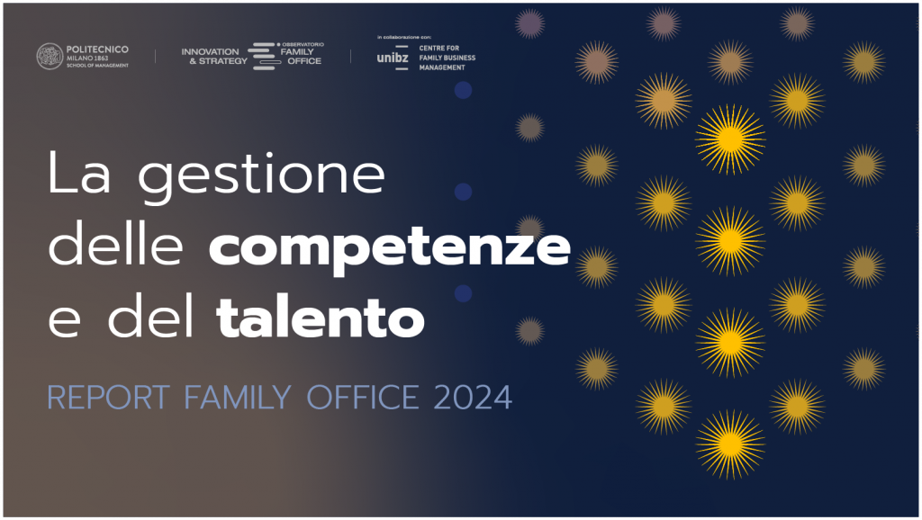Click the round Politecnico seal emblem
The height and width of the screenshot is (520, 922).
pos(50,57)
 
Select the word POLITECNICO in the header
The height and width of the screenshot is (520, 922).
pos(97,49)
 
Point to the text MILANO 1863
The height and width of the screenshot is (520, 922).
pos(87,58)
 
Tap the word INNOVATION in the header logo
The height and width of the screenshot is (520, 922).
pos(210,51)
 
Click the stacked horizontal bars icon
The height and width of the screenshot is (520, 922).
pos(264,57)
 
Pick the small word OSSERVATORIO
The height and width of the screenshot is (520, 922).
pos(303,45)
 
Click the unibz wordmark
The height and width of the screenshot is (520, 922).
pos(393,58)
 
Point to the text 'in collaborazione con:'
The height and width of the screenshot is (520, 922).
pos(404,37)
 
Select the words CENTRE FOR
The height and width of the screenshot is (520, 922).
pos(438,49)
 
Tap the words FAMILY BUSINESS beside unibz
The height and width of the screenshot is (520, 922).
pos(447,58)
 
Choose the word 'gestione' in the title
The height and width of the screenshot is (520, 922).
pos(261,177)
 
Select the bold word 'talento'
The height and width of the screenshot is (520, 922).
pos(320,318)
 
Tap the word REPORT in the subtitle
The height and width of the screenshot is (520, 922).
pos(109,398)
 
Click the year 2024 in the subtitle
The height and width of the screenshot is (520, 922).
pos(473,398)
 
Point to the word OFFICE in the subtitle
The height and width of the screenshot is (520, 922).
pos(363,398)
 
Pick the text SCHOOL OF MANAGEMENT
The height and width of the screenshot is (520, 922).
pos(97,66)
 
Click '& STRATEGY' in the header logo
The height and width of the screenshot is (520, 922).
pos(218,61)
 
